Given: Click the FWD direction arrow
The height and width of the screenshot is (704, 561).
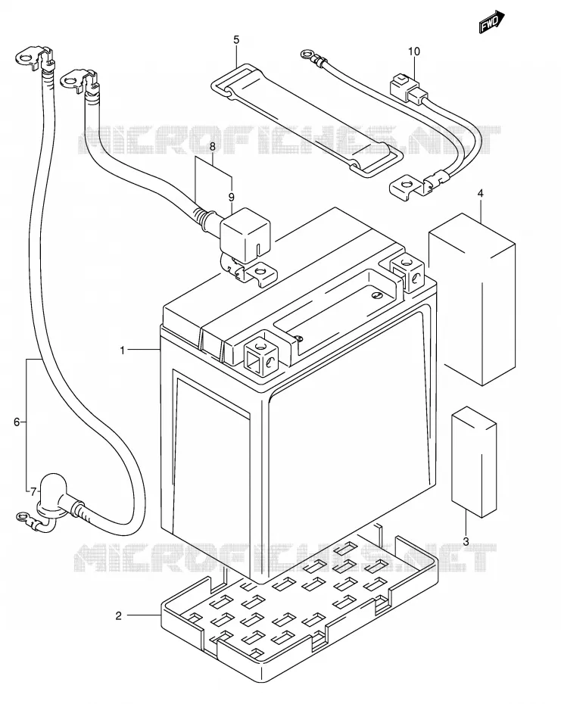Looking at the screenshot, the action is pos(491,21).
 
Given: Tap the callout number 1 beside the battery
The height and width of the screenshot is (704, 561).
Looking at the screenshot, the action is pos(123,350).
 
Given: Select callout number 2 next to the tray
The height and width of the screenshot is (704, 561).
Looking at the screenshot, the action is pos(119,615).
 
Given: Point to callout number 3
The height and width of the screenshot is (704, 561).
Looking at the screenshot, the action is pos(466,541).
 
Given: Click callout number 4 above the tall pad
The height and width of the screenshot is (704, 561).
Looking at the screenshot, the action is pos(480,194).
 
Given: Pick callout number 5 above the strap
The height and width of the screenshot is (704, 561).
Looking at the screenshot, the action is pos(236,40).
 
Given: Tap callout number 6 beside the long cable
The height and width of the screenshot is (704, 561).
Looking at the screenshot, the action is pos(17,422).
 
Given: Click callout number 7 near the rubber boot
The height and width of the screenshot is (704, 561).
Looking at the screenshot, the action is pos(33,491).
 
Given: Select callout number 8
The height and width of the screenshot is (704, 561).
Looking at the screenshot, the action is pos(213,146).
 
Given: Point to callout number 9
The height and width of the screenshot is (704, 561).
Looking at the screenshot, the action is pos(232,197).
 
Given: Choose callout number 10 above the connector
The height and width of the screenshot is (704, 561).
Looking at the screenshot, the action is pos(413,51).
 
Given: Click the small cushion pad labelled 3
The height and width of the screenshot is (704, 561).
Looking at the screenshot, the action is pos(474,462).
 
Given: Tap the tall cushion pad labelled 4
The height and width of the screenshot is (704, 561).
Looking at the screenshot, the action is pos(472,300).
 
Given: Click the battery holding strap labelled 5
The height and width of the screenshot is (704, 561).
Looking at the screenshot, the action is pos(307,120).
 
